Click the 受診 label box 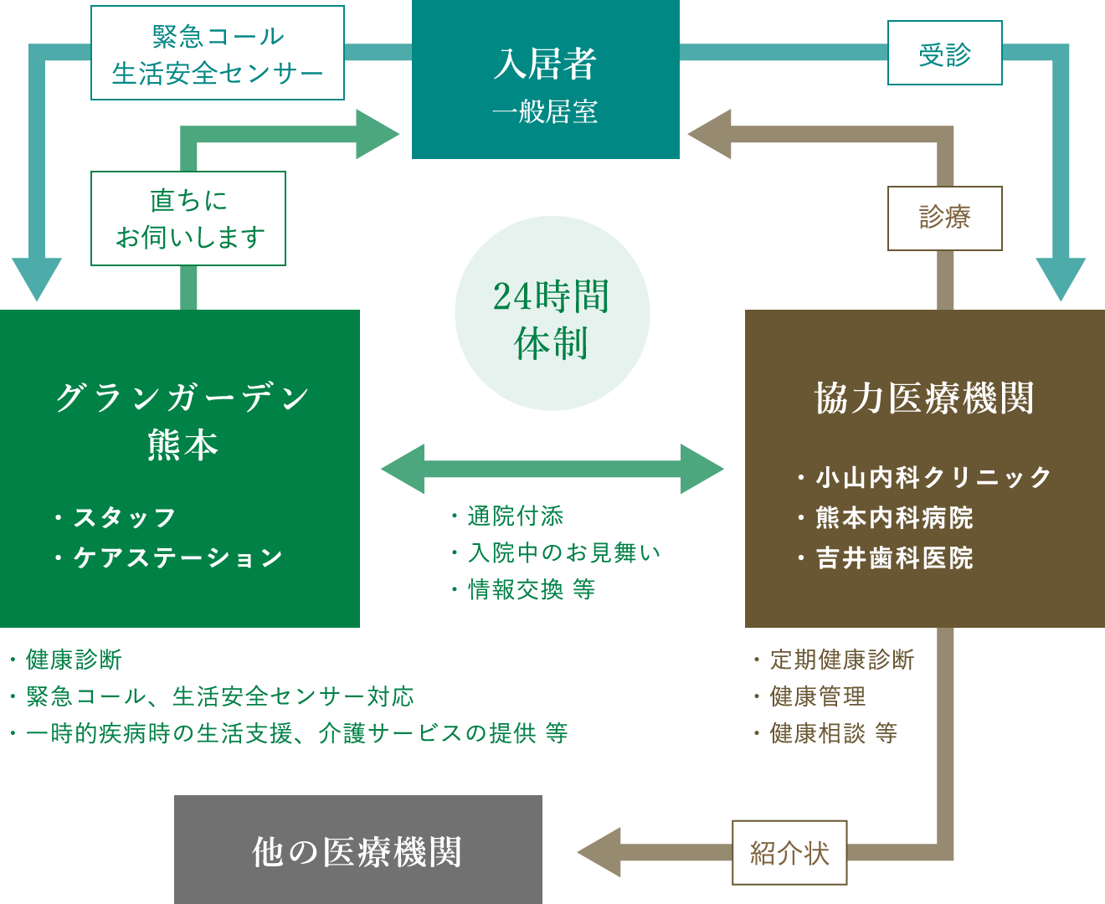coord(944,54)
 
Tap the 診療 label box coord(944,218)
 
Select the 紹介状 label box coord(789,853)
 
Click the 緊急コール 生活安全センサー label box coord(217,54)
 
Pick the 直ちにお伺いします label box coord(188,218)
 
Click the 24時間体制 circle coord(552,314)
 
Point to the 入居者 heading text coord(545,64)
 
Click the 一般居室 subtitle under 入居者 coord(545,112)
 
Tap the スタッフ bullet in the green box coord(124,518)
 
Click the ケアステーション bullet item coord(177,558)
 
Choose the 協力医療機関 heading coord(924,398)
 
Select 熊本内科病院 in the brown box coord(894,518)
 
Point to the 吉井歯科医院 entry coord(894,558)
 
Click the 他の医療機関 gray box coord(357,850)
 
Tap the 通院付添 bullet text coord(515,516)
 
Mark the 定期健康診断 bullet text coord(841,660)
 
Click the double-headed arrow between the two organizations coord(552,469)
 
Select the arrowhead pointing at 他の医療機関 coord(599,853)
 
